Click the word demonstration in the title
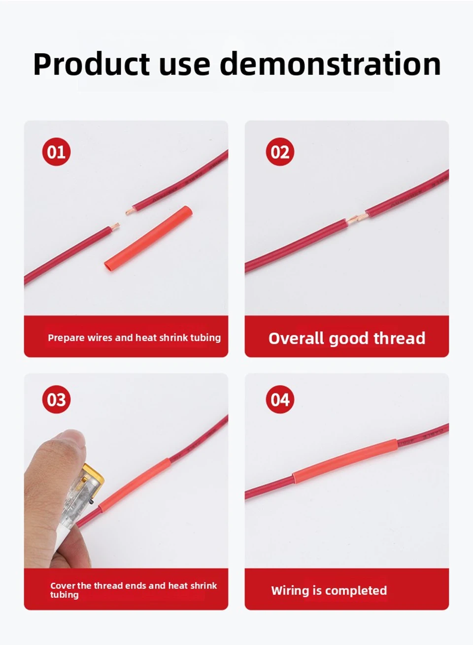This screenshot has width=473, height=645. click(x=330, y=64)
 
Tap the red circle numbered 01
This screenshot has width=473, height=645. click(x=57, y=152)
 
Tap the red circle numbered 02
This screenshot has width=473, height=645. click(x=280, y=152)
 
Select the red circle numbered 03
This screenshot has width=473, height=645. click(x=57, y=399)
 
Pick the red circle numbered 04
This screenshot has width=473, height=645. click(x=280, y=399)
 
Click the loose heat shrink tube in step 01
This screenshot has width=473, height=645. click(x=148, y=239)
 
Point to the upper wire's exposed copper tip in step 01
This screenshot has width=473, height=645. click(x=130, y=212)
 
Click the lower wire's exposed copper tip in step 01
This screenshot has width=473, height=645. click(x=115, y=226)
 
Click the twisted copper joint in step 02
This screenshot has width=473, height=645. click(x=356, y=219)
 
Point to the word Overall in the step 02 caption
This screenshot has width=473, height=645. click(x=296, y=338)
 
